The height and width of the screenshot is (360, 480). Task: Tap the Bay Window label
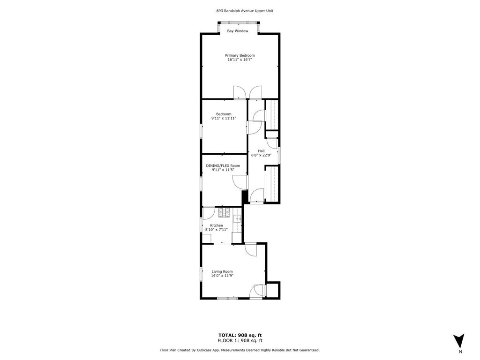(238, 31)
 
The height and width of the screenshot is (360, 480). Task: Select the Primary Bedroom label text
(240, 55)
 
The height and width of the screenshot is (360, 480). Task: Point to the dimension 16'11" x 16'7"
(240, 60)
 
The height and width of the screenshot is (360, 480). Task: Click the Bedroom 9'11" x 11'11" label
(224, 116)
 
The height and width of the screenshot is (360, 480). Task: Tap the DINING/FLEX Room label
(223, 165)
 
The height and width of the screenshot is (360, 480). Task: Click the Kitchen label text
(216, 225)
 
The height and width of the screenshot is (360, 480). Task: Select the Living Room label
(222, 271)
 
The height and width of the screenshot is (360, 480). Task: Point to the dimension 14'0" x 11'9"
(222, 276)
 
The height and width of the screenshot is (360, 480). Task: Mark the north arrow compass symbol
(459, 341)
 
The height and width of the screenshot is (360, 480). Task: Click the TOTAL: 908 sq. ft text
(240, 335)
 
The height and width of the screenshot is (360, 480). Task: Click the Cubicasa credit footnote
(240, 350)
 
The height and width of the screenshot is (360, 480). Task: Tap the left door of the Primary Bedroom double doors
(239, 93)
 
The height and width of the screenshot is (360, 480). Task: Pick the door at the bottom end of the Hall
(257, 196)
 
